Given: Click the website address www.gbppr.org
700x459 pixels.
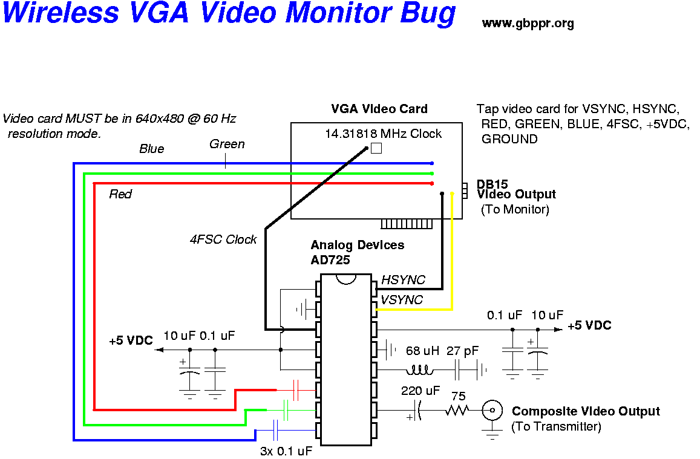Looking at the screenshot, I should coord(528,24).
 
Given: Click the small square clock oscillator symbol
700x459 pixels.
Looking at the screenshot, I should coord(376,148).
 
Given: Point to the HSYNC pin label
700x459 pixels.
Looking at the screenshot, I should coord(403,280).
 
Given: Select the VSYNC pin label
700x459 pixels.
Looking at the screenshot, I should coord(402,300).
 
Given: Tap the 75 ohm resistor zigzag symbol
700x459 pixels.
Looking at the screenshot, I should coord(457,411).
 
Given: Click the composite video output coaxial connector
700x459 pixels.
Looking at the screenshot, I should coord(492,411).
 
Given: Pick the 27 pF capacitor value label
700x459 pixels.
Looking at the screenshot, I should coord(462,351).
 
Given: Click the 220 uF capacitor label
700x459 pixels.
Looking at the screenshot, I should coord(420,391).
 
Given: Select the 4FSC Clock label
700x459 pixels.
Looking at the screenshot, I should coord(223,239).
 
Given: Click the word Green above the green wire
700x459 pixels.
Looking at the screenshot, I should coord(227,144).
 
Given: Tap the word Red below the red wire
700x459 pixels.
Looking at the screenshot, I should coord(120,194).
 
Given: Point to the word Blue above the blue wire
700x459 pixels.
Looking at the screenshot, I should coord(151,149).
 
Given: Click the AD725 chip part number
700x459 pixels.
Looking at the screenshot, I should coord(330,260).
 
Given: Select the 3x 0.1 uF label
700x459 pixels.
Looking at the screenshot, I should coord(286,451).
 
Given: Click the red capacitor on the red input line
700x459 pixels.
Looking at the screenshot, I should coord(296,390).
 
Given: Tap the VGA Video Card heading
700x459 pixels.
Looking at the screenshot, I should coord(379,109).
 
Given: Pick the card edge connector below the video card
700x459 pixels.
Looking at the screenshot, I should coord(407,224).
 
